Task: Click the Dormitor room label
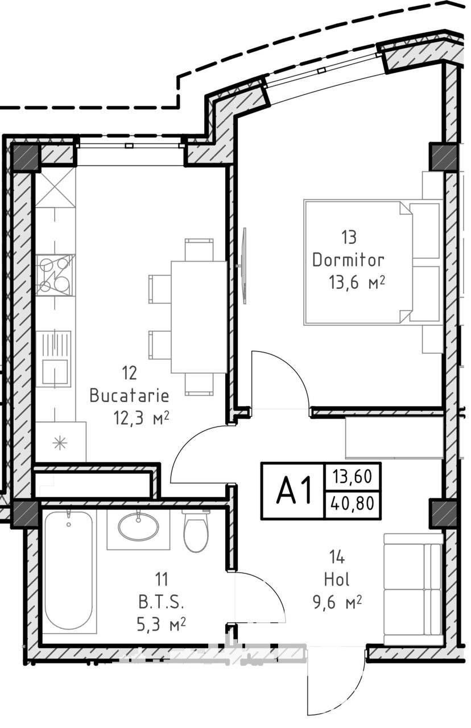(x=348, y=260)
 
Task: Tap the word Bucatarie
(x=129, y=396)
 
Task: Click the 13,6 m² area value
(x=357, y=282)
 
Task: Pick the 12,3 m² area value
(x=141, y=418)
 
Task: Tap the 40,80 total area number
(x=352, y=503)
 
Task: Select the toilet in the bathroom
(x=195, y=530)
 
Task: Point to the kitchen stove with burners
(x=55, y=275)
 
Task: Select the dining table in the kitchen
(x=199, y=317)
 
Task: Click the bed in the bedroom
(x=373, y=262)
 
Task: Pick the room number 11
(x=162, y=580)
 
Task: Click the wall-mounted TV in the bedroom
(x=243, y=266)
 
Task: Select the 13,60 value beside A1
(x=352, y=477)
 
